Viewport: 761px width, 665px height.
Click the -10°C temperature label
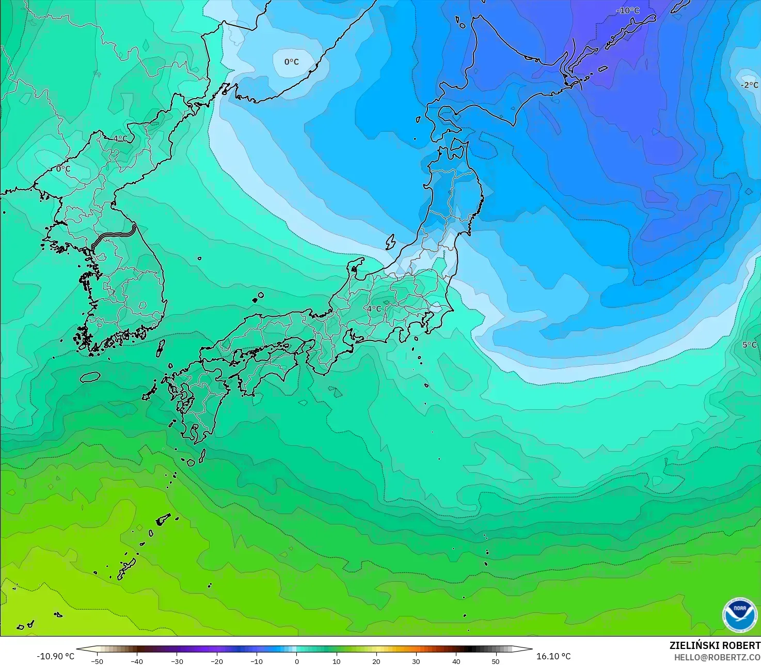pyautogui.click(x=627, y=10)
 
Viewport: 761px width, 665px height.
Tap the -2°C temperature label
pyautogui.click(x=749, y=85)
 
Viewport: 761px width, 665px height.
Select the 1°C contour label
pyautogui.click(x=120, y=138)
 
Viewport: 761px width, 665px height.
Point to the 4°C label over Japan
pyautogui.click(x=374, y=308)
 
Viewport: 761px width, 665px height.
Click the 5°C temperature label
pyautogui.click(x=750, y=345)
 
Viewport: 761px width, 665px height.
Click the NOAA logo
pyautogui.click(x=740, y=614)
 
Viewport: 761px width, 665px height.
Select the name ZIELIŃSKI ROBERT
pyautogui.click(x=715, y=645)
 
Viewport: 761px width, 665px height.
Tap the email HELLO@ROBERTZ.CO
pyautogui.click(x=717, y=657)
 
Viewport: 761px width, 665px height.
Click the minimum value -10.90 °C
pyautogui.click(x=55, y=656)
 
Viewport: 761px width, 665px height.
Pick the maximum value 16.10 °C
pyautogui.click(x=553, y=656)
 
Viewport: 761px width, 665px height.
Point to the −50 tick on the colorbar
pyautogui.click(x=97, y=661)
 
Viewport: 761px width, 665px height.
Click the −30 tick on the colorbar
pyautogui.click(x=177, y=661)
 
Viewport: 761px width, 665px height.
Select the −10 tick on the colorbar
pyautogui.click(x=257, y=661)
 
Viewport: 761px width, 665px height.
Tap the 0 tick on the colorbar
pyautogui.click(x=296, y=661)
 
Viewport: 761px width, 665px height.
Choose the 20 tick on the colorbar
pyautogui.click(x=376, y=661)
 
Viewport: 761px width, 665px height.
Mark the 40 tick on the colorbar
pyautogui.click(x=456, y=661)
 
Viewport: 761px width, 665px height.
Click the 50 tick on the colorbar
pyautogui.click(x=496, y=661)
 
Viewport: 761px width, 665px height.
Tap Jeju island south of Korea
pyautogui.click(x=90, y=377)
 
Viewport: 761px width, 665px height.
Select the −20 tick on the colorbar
pyautogui.click(x=217, y=661)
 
